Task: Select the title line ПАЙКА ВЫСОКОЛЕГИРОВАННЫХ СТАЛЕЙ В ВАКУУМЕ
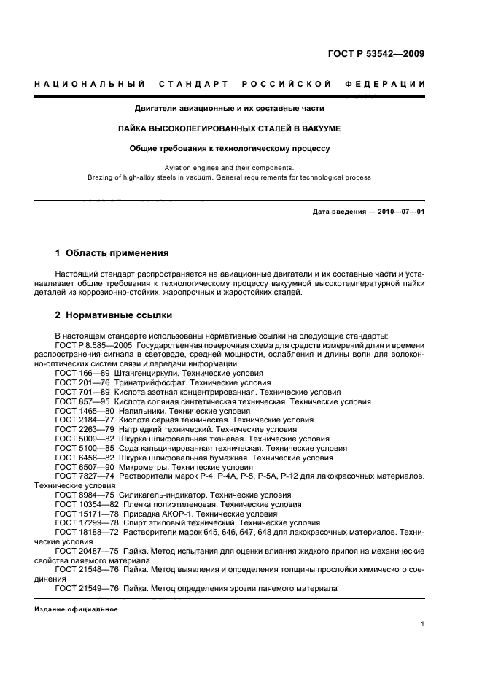230,128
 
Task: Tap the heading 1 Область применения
112,253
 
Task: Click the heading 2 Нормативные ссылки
114,315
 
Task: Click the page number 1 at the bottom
423,624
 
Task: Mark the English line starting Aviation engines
230,167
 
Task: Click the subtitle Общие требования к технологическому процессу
230,147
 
